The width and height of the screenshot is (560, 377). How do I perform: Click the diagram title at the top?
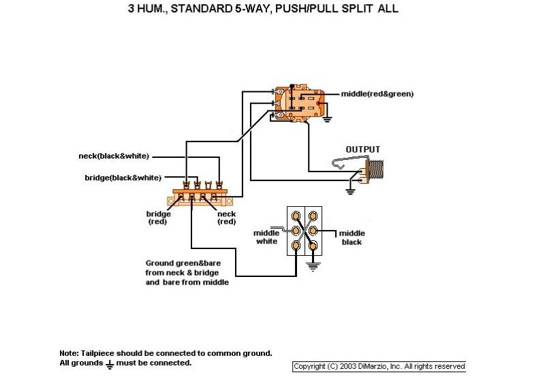[263, 8]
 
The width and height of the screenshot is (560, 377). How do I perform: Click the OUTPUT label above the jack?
[362, 150]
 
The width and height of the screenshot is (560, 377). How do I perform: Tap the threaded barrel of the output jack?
[375, 169]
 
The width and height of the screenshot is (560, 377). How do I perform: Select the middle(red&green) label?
[377, 94]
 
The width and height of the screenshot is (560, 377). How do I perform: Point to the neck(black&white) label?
[114, 157]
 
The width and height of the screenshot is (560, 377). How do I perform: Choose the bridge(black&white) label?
[123, 178]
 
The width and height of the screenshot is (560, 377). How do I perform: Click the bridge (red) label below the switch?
[158, 218]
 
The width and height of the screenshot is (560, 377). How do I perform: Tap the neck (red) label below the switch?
[226, 218]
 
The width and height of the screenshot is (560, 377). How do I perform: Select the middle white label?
[266, 237]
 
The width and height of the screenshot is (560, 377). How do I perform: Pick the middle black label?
[352, 237]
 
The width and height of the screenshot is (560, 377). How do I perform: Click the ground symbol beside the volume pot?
[327, 119]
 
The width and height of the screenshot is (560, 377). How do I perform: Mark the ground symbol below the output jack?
[350, 191]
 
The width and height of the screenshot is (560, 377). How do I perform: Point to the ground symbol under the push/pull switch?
[313, 267]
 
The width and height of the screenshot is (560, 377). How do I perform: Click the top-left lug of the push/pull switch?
[296, 216]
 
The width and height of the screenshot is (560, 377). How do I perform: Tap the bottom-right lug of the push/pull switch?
[313, 246]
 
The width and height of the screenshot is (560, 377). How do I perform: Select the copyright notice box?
[379, 367]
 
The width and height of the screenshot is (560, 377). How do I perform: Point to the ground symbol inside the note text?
[110, 364]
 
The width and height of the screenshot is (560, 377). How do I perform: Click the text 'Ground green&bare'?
[183, 263]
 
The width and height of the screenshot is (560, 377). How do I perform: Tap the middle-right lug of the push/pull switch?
[313, 231]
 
